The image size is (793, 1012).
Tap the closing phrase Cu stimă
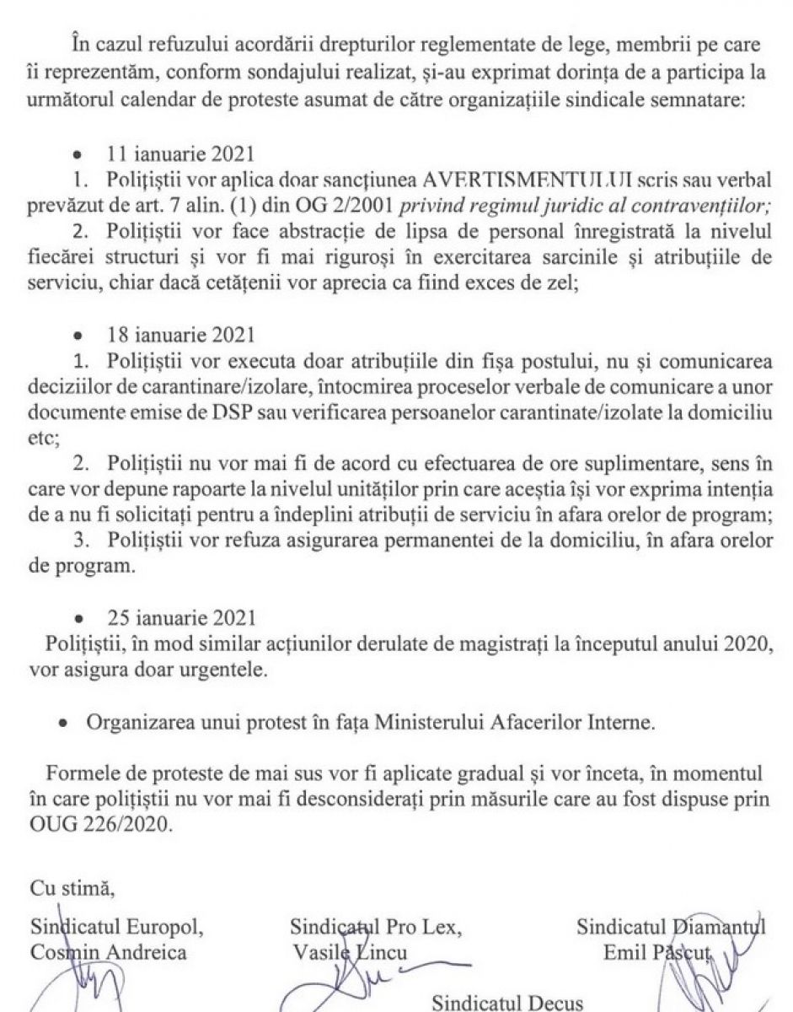pos(64,889)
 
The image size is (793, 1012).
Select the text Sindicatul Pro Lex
pos(375,929)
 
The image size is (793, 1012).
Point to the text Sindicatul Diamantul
pos(670,929)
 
